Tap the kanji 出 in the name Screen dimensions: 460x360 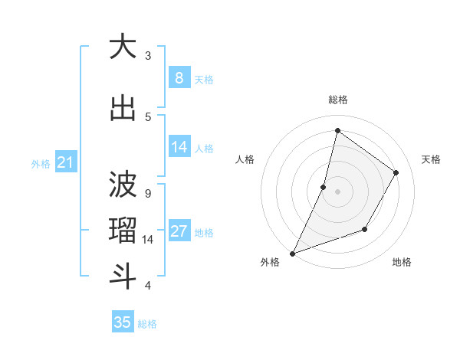(123, 109)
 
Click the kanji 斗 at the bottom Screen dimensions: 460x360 (123, 277)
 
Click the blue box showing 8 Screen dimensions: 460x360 (179, 77)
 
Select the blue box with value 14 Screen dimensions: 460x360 (179, 146)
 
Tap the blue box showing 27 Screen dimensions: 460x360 (179, 231)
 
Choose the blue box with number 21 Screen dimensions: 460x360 (66, 162)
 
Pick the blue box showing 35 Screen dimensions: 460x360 (123, 322)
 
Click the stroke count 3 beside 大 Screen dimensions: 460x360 (148, 55)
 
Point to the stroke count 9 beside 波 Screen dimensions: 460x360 (147, 193)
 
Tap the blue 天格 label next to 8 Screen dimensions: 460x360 (203, 79)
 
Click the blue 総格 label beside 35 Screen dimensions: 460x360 (147, 324)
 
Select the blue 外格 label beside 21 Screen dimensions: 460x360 (41, 163)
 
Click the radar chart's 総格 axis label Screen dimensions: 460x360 (337, 100)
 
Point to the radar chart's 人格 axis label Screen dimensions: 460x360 (245, 159)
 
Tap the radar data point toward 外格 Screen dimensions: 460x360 (293, 253)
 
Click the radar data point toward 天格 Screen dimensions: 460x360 (396, 173)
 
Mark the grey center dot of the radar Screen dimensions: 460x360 (337, 191)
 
